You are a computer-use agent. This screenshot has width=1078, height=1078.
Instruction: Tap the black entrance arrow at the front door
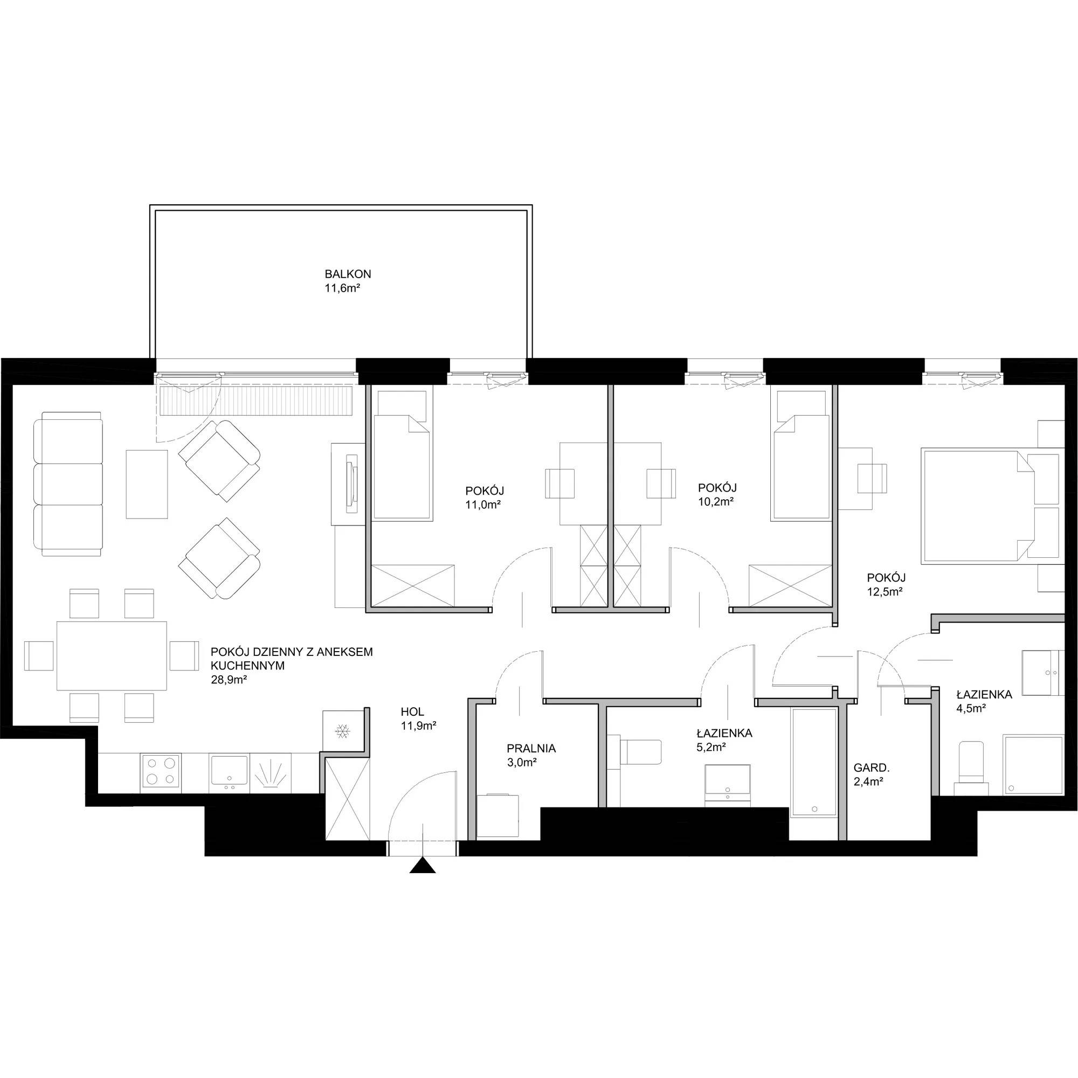tap(423, 866)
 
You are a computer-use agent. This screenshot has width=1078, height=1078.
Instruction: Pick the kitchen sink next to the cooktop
tap(229, 773)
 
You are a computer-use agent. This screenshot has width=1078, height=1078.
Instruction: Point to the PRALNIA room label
tap(531, 748)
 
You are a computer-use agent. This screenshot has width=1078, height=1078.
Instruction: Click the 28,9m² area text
tap(229, 680)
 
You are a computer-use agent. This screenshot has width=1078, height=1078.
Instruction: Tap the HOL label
tap(412, 711)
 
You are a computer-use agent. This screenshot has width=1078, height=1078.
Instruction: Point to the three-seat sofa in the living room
tap(68, 484)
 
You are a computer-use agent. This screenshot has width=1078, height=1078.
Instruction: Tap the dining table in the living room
tap(112, 655)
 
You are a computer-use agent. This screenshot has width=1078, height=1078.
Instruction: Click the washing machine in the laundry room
tap(498, 816)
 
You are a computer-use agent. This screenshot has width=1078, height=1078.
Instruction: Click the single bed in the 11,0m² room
tap(403, 455)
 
